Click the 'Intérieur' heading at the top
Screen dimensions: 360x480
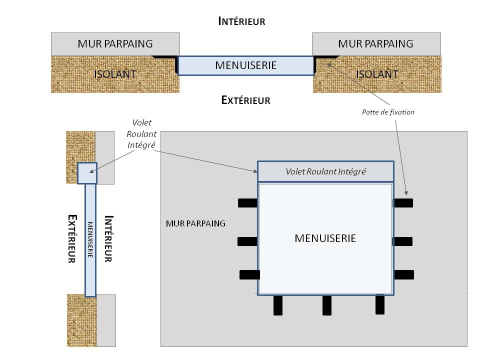241,21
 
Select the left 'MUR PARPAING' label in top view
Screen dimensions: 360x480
115,43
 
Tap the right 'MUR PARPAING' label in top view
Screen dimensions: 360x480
375,43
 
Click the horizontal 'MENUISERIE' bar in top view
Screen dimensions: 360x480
245,65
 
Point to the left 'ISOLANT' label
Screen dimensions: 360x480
115,74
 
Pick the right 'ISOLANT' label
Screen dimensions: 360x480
377,74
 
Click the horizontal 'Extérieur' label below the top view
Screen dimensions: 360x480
245,100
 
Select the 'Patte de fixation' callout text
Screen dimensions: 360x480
388,112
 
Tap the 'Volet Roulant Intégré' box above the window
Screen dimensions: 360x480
325,171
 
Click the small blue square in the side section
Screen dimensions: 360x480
86,173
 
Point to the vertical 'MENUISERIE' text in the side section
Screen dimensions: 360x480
90,239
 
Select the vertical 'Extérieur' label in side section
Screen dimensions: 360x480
72,239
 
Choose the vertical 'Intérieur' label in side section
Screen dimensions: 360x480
108,239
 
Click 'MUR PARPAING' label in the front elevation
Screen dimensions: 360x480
195,223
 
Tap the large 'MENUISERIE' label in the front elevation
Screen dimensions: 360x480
325,238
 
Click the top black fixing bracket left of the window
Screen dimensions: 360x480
247,203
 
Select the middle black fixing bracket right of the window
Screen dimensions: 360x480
403,241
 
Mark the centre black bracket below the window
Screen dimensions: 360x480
326,305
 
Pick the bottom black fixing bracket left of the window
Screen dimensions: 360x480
249,274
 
